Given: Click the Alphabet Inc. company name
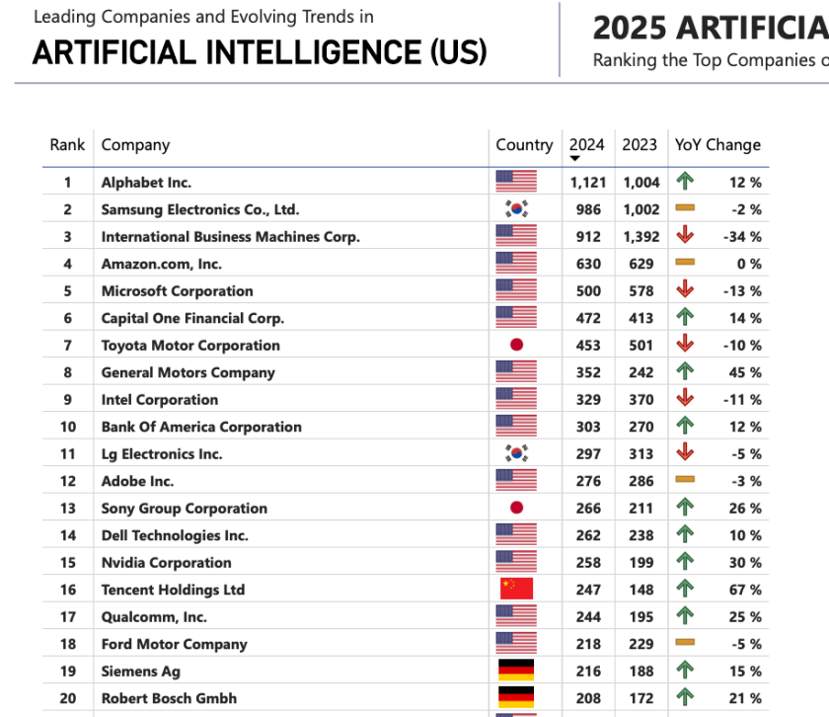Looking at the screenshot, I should (146, 183).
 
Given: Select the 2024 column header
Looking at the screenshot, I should (586, 144).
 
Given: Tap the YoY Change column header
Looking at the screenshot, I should (717, 144).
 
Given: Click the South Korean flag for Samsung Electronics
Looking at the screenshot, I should (515, 209).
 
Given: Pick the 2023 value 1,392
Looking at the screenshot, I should (641, 237).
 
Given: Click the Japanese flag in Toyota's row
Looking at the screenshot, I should (515, 346).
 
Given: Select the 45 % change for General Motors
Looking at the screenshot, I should (745, 373).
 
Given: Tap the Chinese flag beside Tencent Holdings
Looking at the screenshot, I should (515, 590).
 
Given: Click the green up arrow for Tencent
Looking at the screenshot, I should (685, 590).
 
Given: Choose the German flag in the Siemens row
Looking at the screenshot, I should (515, 672).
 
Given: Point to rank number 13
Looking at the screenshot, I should (67, 509).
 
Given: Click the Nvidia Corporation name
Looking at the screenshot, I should (166, 563).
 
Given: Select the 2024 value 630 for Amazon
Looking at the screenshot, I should (588, 264).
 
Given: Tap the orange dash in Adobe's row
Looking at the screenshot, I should (685, 481).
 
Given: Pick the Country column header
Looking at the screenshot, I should (524, 144).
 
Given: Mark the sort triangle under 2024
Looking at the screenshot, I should (574, 159).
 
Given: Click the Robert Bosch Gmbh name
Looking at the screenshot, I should (169, 698).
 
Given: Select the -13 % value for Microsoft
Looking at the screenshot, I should (742, 291).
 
